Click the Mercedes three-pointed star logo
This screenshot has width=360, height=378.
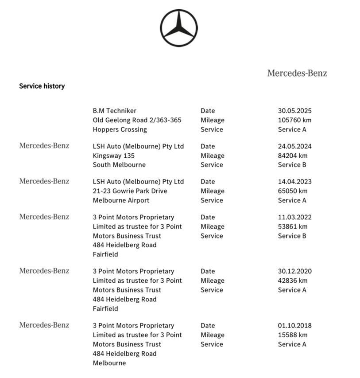point(178,27)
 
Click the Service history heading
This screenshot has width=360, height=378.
point(42,86)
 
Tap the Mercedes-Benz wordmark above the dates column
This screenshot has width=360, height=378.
point(297,73)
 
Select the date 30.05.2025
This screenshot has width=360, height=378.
point(294,111)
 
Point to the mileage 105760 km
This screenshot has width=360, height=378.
point(294,120)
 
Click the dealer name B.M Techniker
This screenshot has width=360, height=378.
point(114,111)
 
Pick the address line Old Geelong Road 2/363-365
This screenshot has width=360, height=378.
point(137,120)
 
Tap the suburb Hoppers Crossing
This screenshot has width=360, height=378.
point(120,129)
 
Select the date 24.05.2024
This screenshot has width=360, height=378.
point(294,146)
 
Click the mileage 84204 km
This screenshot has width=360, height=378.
point(293,156)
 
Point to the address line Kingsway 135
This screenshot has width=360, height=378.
point(113,156)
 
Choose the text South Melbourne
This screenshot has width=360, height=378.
point(119,164)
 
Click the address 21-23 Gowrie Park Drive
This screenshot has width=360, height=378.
point(130,191)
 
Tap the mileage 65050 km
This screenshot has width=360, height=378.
point(293,191)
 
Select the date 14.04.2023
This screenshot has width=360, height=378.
point(294,182)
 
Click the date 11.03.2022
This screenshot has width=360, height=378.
point(294,217)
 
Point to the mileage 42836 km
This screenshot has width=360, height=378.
point(293,281)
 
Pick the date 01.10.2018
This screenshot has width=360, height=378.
point(294,325)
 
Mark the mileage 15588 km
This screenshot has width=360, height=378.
point(293,335)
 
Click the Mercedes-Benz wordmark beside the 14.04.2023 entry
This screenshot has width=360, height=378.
point(44,181)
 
